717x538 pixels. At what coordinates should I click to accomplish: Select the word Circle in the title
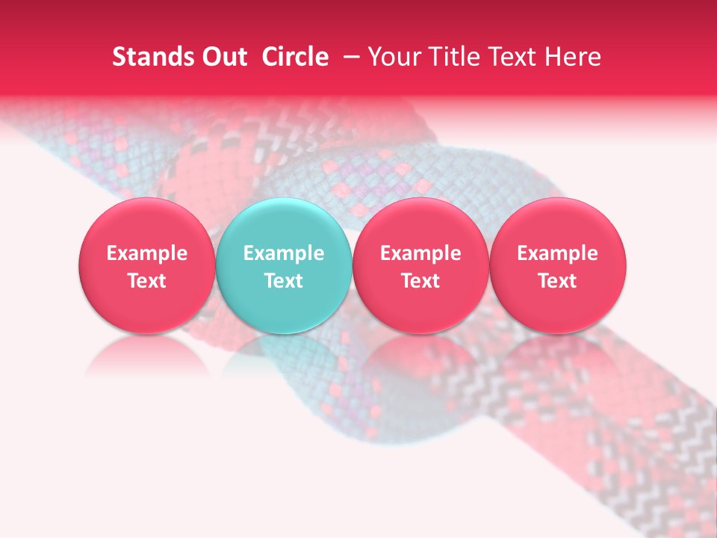pos(295,57)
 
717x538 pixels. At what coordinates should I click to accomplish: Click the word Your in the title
pos(391,57)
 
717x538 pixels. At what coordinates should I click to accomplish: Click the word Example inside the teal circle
pos(284,253)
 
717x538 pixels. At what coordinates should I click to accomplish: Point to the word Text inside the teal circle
pos(284,281)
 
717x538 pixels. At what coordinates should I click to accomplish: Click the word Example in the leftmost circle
pos(147,253)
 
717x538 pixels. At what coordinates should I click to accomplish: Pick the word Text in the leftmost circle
pos(147,281)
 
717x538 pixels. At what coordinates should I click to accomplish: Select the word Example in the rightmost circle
pos(558,253)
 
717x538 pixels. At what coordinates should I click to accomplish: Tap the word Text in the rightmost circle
pos(558,281)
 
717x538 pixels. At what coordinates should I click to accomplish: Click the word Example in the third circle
pos(420,253)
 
